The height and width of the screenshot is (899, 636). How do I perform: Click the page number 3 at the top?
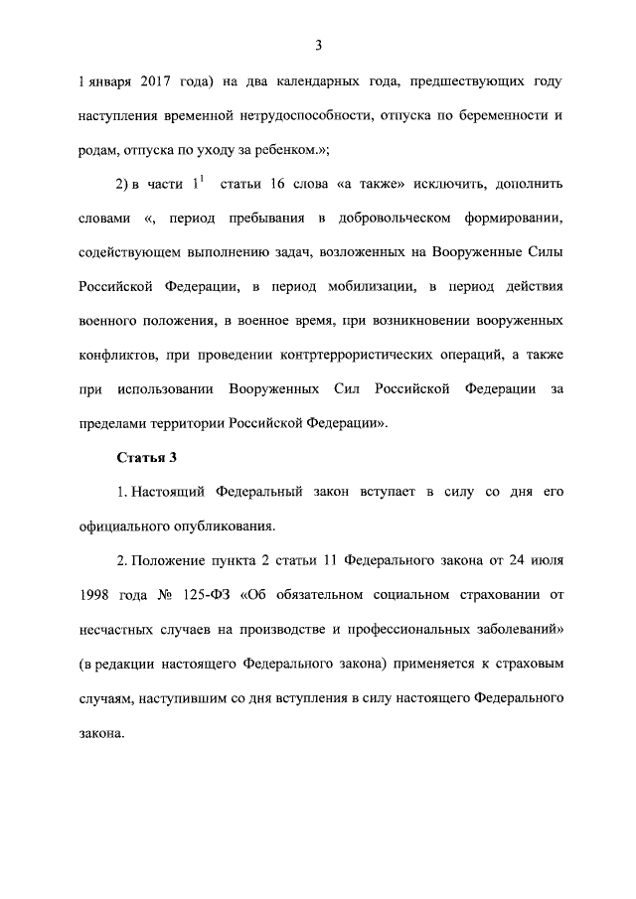click(x=319, y=44)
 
